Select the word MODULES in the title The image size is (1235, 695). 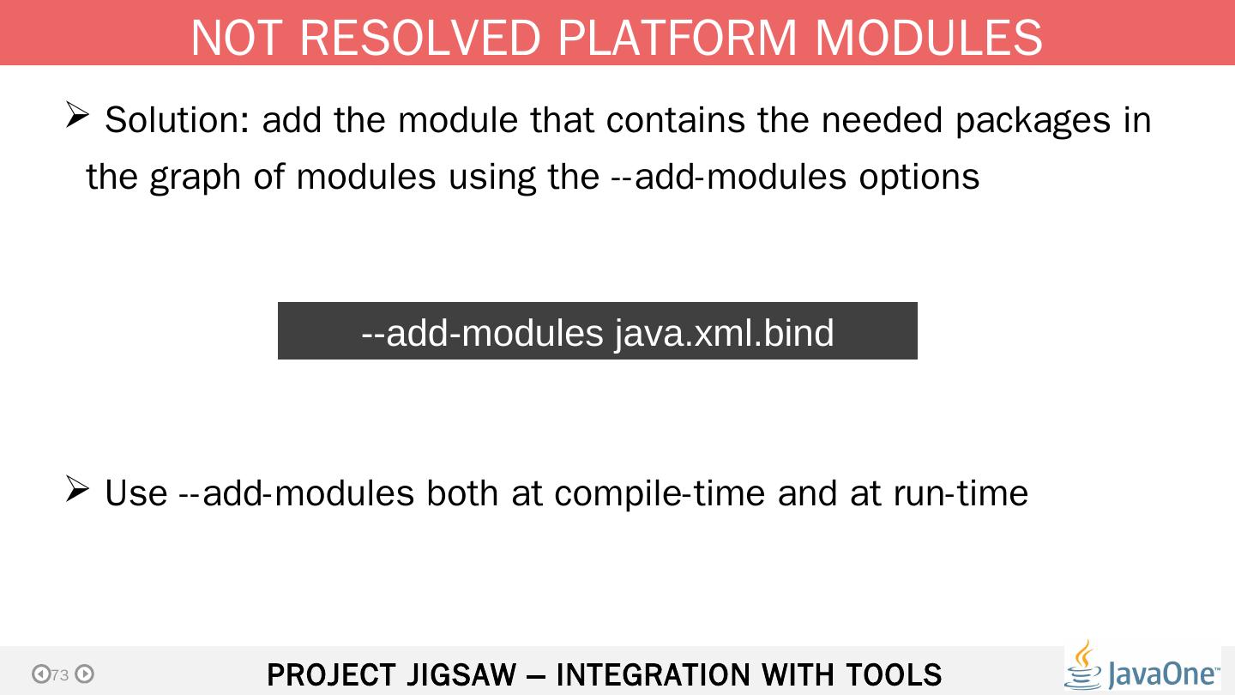(x=928, y=38)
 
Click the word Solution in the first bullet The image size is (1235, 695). (x=177, y=120)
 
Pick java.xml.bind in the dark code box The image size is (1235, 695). (x=724, y=332)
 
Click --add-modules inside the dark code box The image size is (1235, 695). (x=482, y=332)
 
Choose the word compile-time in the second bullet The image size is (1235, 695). (x=660, y=493)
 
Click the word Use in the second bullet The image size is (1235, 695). (x=136, y=493)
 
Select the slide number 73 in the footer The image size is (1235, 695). (x=59, y=675)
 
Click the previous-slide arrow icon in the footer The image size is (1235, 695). (x=40, y=674)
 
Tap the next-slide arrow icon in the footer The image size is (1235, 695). (x=84, y=674)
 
